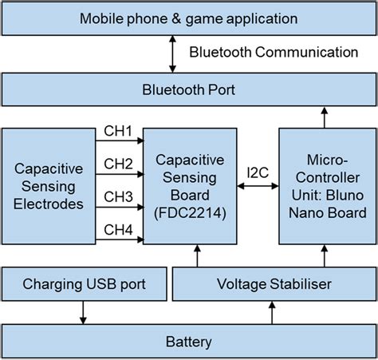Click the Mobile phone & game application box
188,18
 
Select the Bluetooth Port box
188,89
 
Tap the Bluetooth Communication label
274,53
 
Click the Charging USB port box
85,283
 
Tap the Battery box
188,342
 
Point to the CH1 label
119,131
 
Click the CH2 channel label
119,164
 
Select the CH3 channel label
119,196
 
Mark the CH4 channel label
119,229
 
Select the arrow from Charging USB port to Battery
84,311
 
